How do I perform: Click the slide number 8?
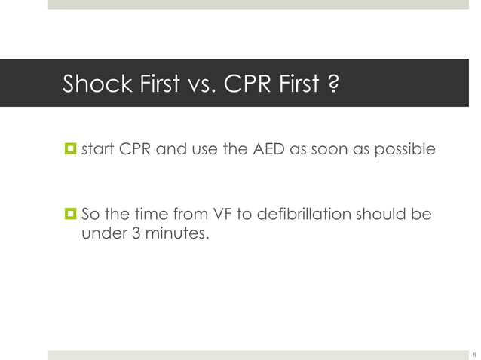tap(473, 354)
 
